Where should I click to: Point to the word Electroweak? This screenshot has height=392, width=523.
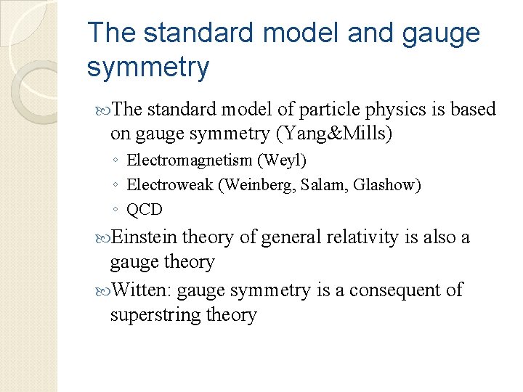[170, 185]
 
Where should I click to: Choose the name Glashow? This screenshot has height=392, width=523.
[386, 185]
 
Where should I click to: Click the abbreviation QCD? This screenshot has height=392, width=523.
[145, 210]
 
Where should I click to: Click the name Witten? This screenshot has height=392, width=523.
[142, 290]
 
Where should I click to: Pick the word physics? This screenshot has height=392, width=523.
[366, 110]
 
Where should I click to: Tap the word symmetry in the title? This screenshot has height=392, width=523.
[147, 68]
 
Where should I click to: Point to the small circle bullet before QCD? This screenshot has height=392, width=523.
[116, 211]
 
